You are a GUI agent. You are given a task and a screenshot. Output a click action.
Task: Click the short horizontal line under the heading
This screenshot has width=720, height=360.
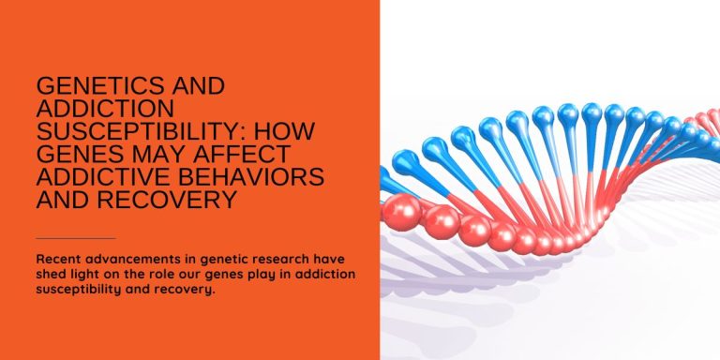point(75,238)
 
